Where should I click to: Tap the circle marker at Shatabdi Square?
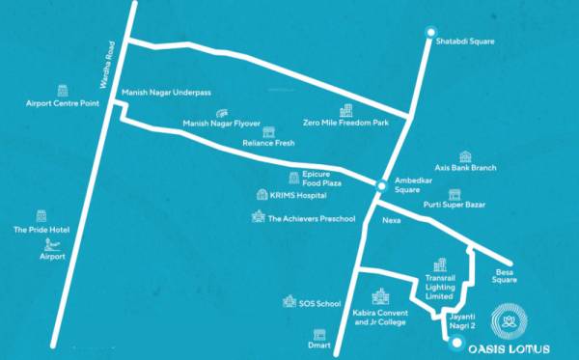[x=432, y=32]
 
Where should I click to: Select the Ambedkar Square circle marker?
[x=383, y=183]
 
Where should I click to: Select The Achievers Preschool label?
[x=312, y=219]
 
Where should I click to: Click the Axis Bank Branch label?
[x=465, y=168]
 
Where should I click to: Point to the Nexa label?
[x=391, y=219]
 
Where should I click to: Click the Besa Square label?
[x=505, y=276]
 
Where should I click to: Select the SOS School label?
[x=320, y=304]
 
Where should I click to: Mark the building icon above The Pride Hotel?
[x=41, y=216]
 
